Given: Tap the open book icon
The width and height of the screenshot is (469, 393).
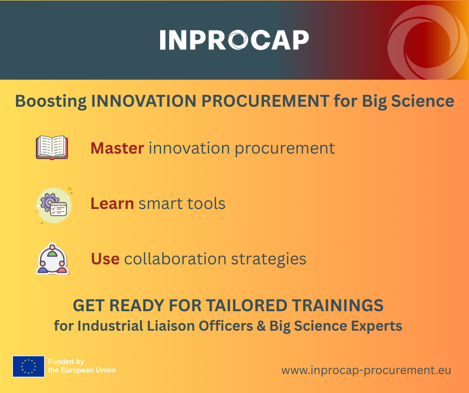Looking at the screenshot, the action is click(x=52, y=148).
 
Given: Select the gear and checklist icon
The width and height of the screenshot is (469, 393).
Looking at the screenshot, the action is click(x=54, y=205).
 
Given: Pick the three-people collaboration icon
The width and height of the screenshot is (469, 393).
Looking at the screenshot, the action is click(x=52, y=259).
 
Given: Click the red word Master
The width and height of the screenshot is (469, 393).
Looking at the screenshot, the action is click(x=117, y=148).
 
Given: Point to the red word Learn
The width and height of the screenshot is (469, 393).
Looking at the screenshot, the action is click(x=112, y=203).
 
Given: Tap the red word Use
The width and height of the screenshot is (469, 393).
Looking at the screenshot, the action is click(x=105, y=259).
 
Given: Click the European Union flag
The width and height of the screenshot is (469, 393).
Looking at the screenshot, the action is click(x=28, y=367).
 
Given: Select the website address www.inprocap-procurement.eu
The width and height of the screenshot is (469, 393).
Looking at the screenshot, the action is click(x=366, y=370).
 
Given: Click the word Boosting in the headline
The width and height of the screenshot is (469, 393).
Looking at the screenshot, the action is click(x=51, y=101).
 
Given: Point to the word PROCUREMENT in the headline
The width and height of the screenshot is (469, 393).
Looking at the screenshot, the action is click(x=265, y=101).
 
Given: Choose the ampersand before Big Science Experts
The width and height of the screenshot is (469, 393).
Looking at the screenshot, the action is click(x=261, y=326).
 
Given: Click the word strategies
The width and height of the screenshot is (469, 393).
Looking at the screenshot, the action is click(x=268, y=259).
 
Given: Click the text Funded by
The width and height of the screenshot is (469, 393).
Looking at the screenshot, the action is click(x=66, y=362).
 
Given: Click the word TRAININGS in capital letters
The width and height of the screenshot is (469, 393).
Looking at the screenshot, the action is click(x=338, y=305).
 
